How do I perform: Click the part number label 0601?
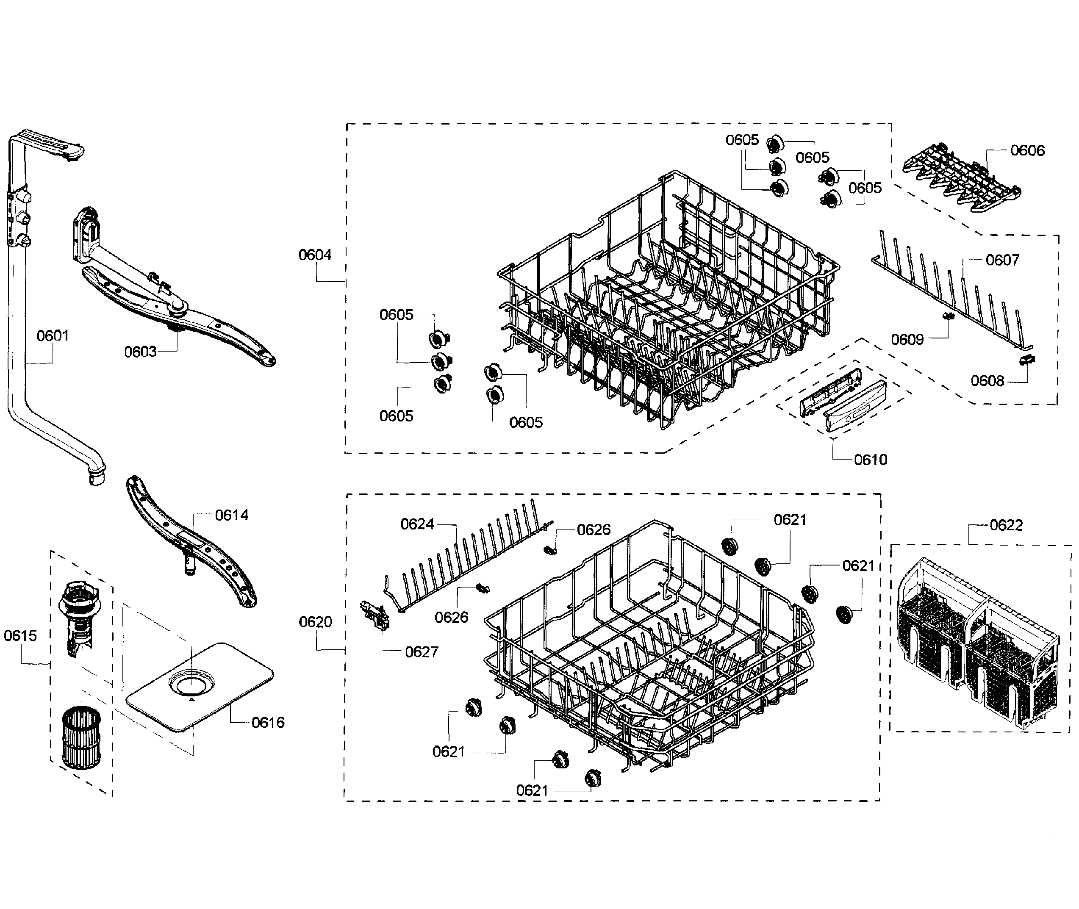pyautogui.click(x=53, y=336)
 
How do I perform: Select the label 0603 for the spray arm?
pyautogui.click(x=140, y=352)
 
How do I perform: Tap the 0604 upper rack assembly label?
pyautogui.click(x=315, y=255)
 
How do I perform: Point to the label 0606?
pyautogui.click(x=1027, y=150)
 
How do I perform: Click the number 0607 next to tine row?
pyautogui.click(x=1002, y=260)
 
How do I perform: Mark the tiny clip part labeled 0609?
pyautogui.click(x=948, y=316)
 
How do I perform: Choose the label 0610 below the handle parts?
pyautogui.click(x=870, y=460)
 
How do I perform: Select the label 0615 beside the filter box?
pyautogui.click(x=21, y=635)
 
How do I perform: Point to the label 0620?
pyautogui.click(x=315, y=622)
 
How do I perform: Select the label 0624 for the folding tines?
pyautogui.click(x=417, y=524)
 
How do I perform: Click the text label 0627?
pyautogui.click(x=421, y=652)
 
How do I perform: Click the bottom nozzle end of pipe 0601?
pyautogui.click(x=96, y=477)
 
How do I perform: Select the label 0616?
pyautogui.click(x=267, y=723)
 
